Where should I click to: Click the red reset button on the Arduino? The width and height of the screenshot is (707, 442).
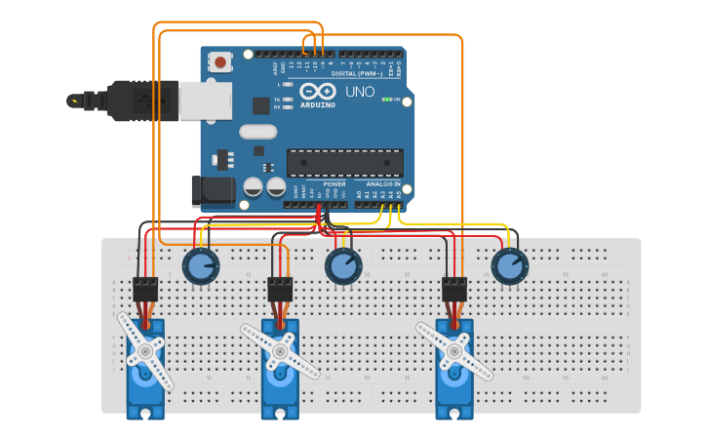221,62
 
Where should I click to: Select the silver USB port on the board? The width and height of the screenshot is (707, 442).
206,100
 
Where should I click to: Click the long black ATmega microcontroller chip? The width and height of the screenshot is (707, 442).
344,163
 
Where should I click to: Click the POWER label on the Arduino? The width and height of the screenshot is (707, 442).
334,183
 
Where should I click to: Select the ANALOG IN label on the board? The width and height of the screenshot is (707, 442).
383,183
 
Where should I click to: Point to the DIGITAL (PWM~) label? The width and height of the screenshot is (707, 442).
357,73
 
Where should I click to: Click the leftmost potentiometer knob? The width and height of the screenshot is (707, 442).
201,264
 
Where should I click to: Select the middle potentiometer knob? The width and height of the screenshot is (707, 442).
342,264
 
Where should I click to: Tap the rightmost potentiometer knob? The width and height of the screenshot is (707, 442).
508,264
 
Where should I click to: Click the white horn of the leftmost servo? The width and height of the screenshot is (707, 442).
145,349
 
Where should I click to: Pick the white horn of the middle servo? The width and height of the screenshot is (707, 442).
281,349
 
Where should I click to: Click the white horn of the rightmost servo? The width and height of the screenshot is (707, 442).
454,349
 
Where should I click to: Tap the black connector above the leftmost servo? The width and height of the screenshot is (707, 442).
145,289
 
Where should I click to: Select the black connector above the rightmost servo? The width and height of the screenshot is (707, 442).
454,289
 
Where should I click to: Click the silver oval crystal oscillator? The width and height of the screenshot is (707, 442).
257,132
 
